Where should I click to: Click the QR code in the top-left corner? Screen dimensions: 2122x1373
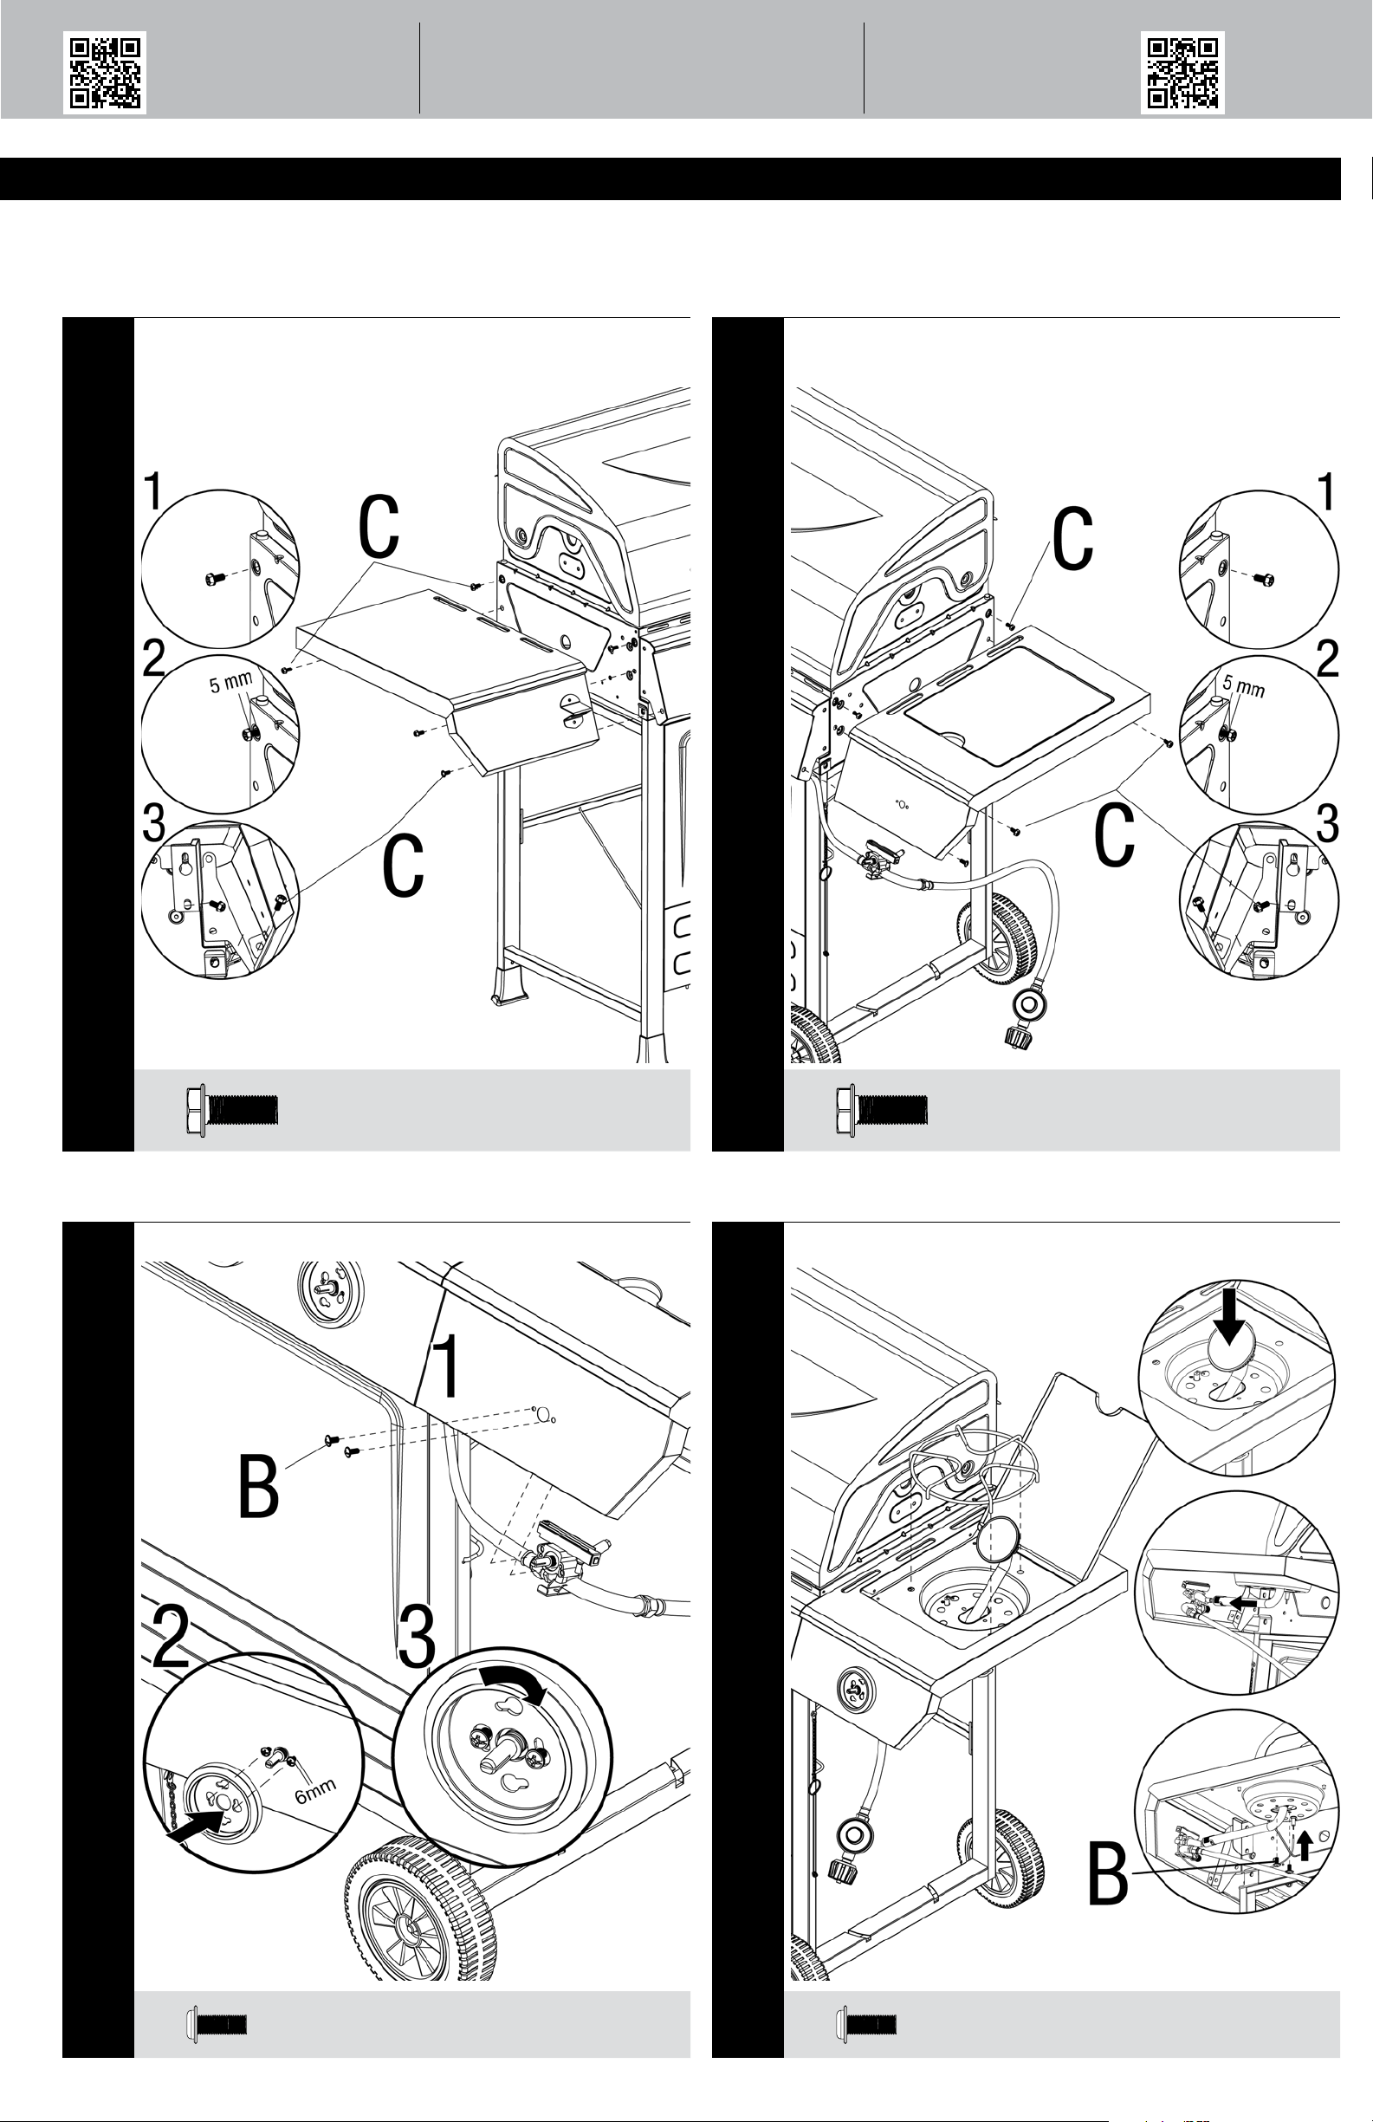tap(104, 72)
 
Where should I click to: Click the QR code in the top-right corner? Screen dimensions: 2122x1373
tap(1182, 72)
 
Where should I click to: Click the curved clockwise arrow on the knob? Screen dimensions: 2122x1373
tap(514, 1684)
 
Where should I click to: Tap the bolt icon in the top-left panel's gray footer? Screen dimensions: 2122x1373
tap(232, 1109)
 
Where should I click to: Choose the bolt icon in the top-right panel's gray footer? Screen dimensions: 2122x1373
tap(882, 1109)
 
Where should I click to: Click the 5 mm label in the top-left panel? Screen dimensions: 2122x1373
tap(230, 685)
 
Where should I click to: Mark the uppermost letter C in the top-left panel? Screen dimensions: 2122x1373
tap(378, 528)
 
